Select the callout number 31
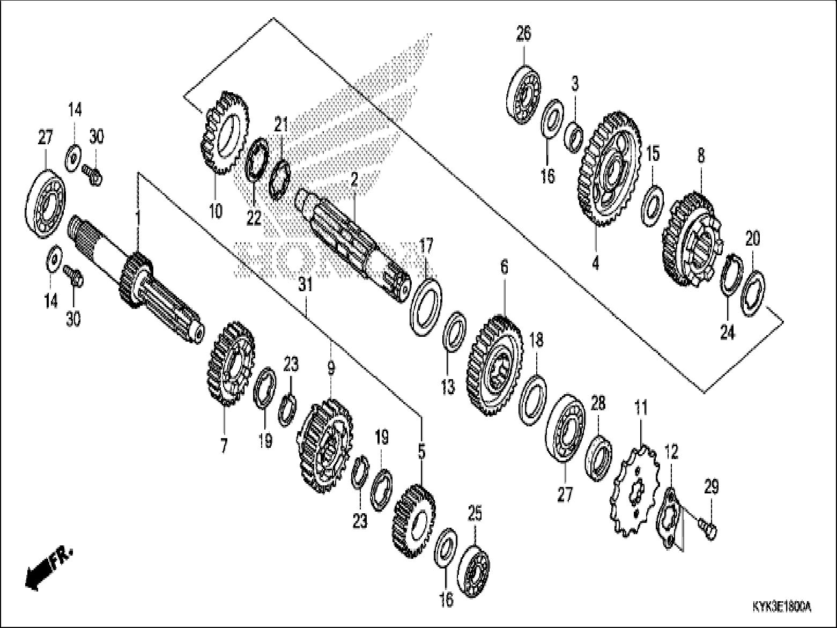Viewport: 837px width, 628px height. (306, 285)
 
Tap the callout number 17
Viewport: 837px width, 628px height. (425, 248)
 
